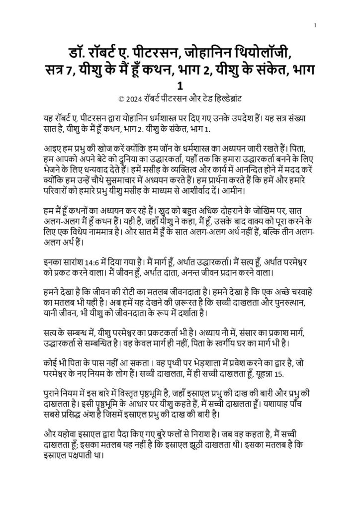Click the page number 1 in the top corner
pos(316,25)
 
